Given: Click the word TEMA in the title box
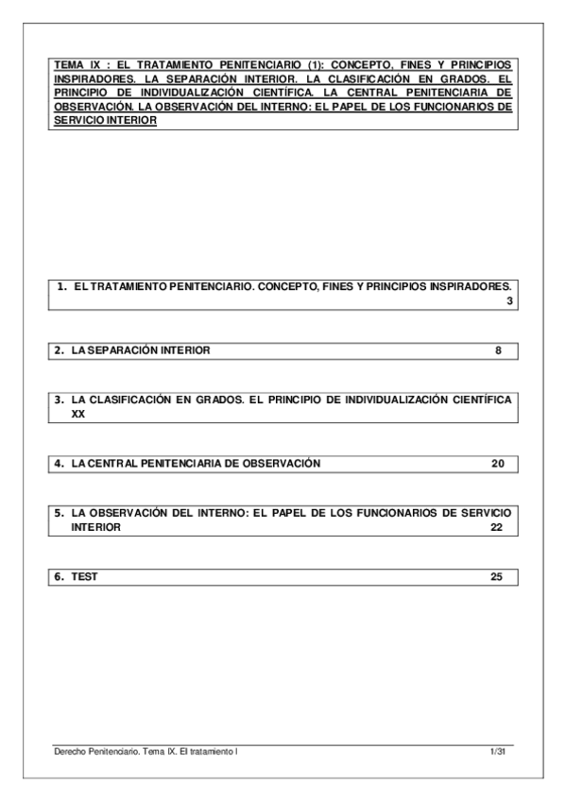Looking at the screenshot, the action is (x=68, y=65).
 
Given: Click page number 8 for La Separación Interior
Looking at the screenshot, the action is (x=498, y=350).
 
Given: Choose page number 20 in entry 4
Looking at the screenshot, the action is (x=497, y=464).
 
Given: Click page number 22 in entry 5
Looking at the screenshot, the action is (x=497, y=528).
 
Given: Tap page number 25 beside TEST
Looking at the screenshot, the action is (x=497, y=577).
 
